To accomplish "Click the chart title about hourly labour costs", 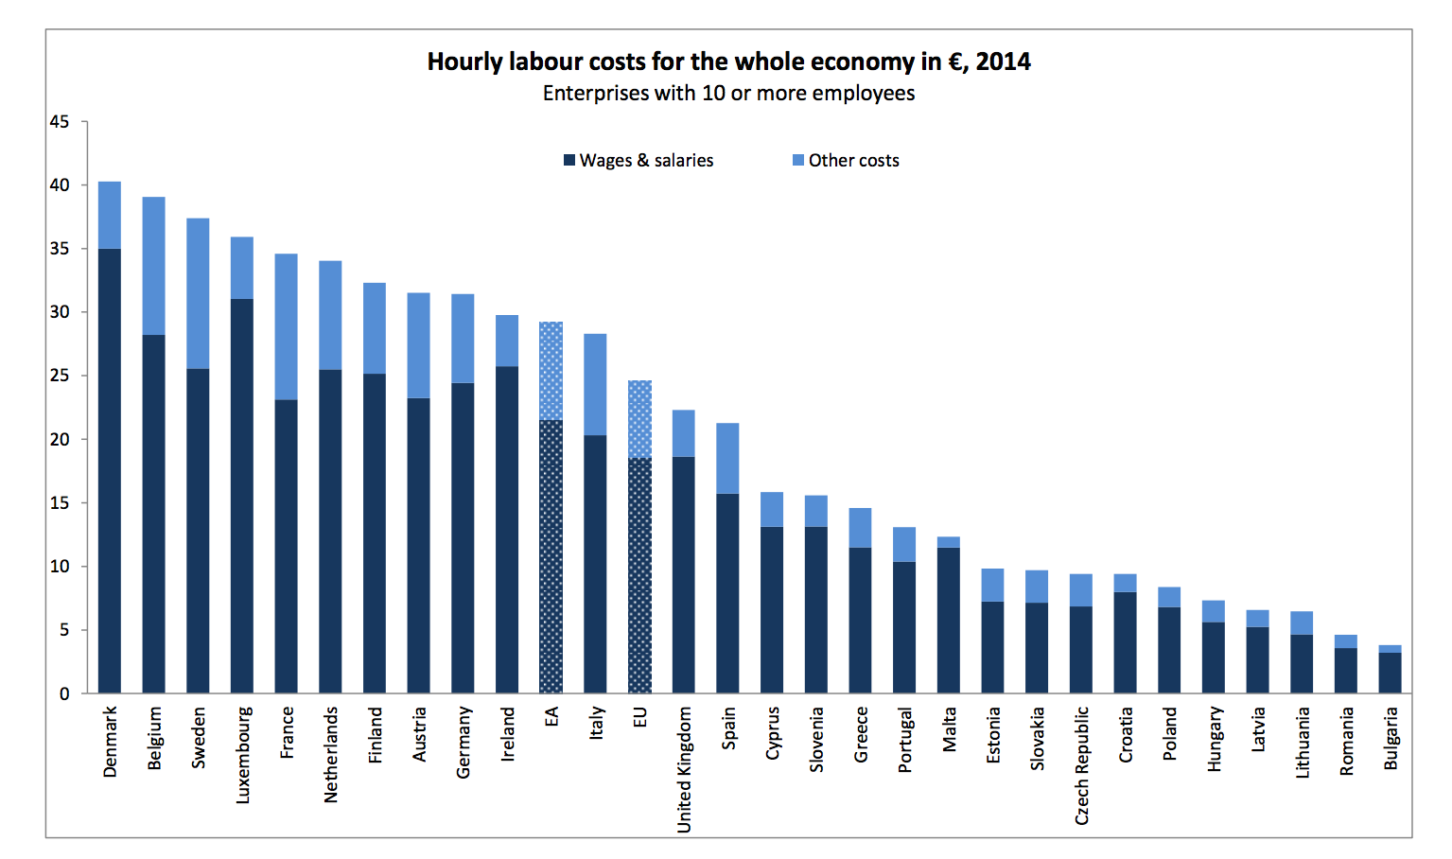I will coord(728,61).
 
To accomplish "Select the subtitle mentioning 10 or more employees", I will coord(728,94).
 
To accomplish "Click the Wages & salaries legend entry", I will coord(639,161).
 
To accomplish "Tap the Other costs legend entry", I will coord(846,161).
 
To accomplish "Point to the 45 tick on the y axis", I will coord(60,122).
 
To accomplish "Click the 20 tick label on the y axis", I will coord(60,440).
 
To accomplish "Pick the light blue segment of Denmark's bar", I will coord(110,215).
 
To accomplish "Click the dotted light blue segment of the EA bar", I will coord(551,371).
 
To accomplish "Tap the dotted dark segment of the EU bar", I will coord(640,575).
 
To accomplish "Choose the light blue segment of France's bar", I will coord(287,326).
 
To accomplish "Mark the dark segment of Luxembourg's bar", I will coord(242,496).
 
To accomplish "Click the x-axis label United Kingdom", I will coord(684,769).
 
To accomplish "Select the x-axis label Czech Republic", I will coord(1082,765).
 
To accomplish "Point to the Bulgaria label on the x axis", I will coord(1391,738).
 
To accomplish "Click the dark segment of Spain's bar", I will coord(728,593).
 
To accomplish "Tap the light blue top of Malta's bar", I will coord(949,542).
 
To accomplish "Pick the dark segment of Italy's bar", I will coord(596,564).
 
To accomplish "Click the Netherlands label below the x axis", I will coord(331,755).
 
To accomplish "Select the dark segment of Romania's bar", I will coord(1346,671).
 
